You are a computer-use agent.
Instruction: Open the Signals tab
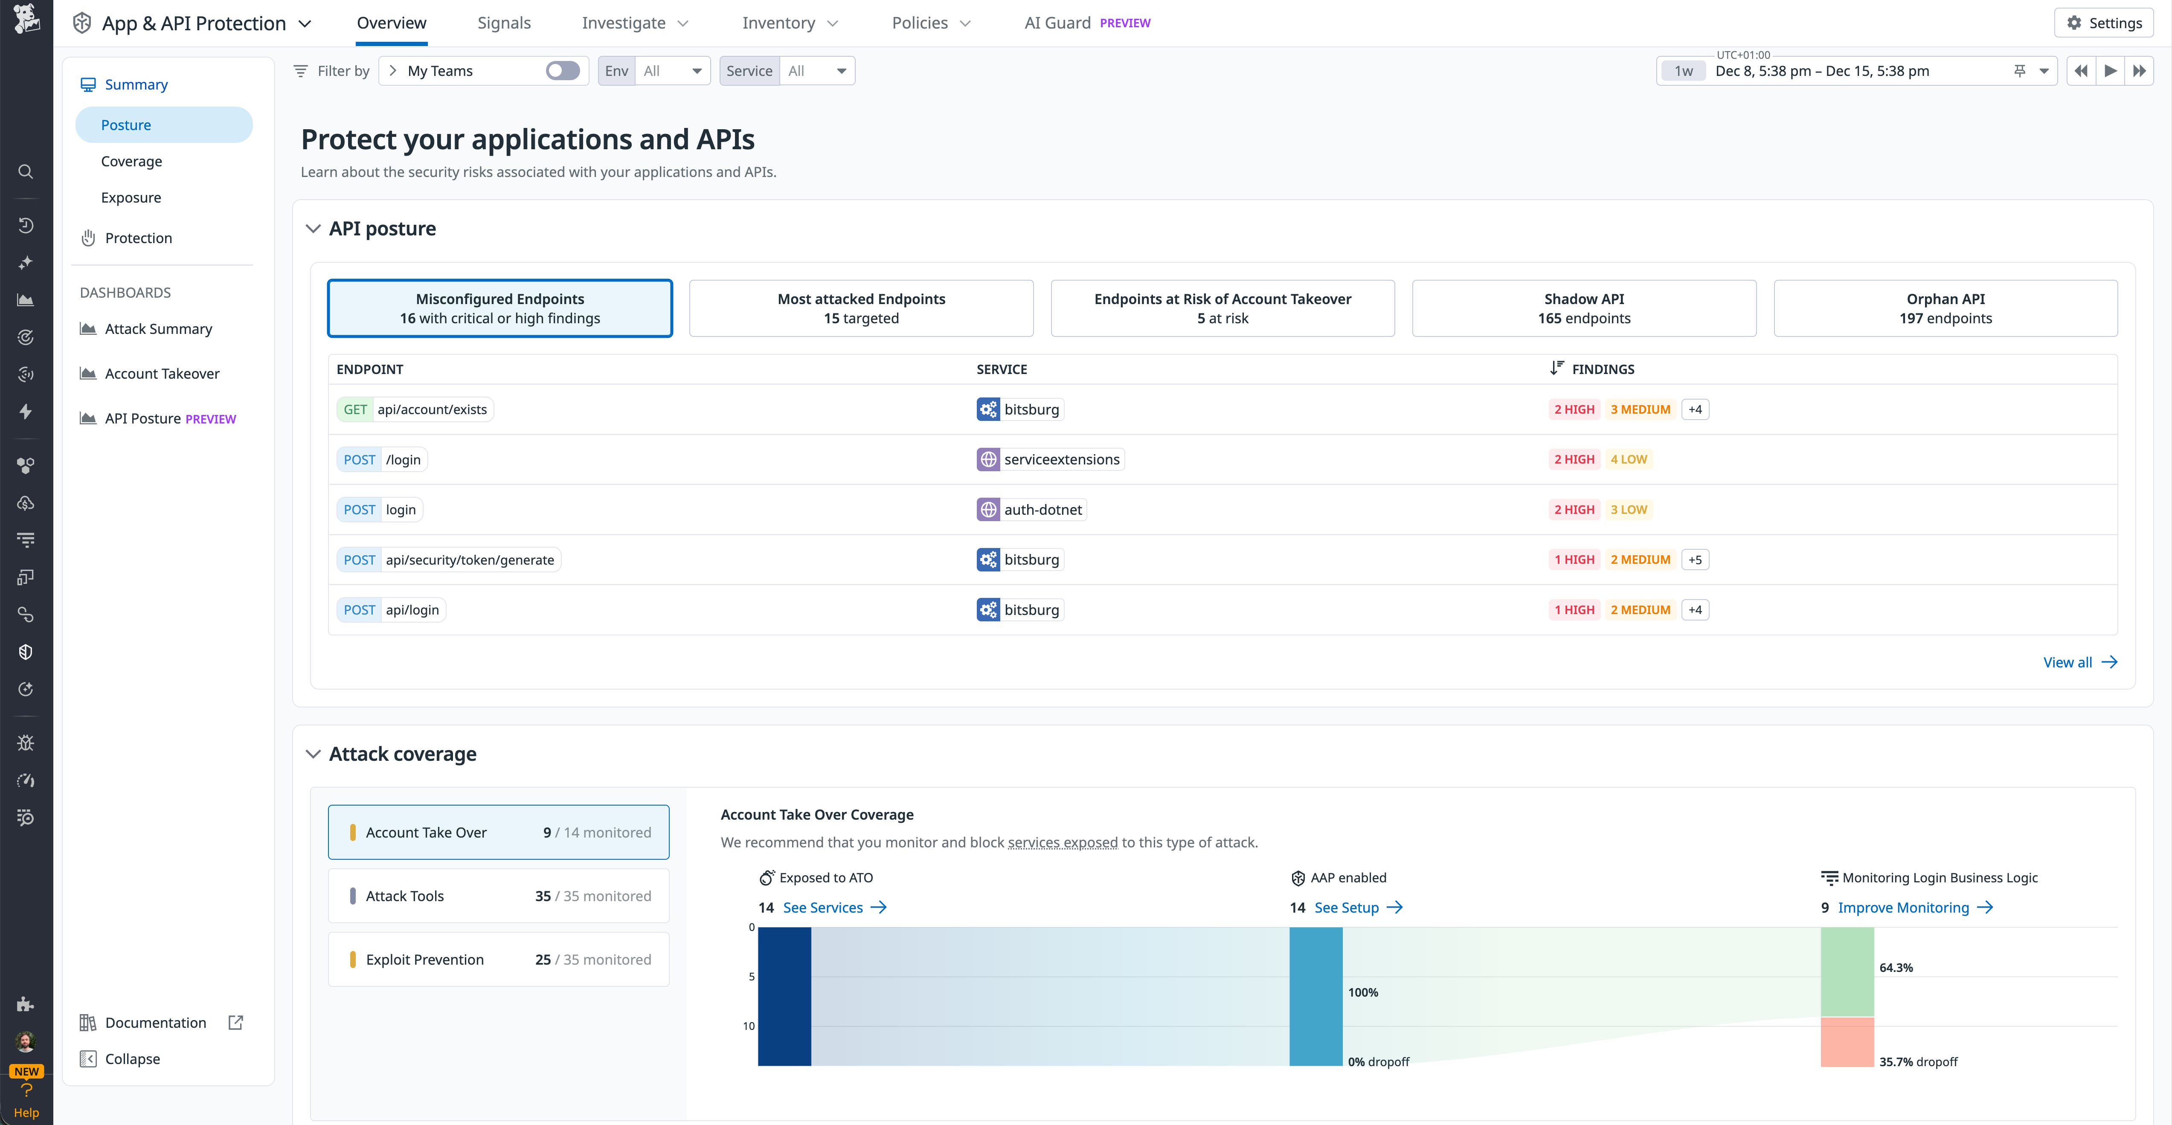(x=503, y=23)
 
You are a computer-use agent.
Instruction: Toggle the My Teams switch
(x=562, y=71)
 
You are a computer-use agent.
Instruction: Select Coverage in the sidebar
(x=131, y=161)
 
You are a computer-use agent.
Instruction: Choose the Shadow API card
(x=1583, y=308)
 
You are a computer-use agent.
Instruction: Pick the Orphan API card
(x=1945, y=308)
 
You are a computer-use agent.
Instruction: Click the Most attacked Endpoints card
(x=861, y=308)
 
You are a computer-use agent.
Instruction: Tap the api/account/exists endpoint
(x=432, y=409)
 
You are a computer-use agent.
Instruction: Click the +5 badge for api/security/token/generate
(x=1695, y=560)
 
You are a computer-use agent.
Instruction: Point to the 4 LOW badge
(x=1628, y=459)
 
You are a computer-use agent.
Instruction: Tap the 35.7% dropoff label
(x=1918, y=1062)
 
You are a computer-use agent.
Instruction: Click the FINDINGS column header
(x=1602, y=369)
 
